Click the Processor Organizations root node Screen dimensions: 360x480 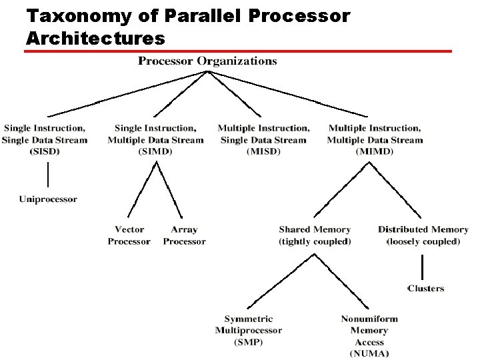(207, 61)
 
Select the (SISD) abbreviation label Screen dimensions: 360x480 (45, 152)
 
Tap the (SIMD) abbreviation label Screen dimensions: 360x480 (155, 152)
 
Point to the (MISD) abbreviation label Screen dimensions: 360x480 (263, 152)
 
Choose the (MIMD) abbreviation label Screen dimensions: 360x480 (375, 152)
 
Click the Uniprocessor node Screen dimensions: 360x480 (48, 199)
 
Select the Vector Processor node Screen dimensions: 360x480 (129, 235)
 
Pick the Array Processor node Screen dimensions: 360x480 (184, 235)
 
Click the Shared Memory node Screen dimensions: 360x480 (315, 229)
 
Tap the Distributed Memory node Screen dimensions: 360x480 (423, 229)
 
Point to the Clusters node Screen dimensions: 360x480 (425, 288)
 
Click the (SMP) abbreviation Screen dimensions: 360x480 (249, 342)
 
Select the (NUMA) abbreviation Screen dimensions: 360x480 (369, 353)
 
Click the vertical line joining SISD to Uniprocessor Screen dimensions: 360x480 (48, 175)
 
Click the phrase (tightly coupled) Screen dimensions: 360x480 (315, 241)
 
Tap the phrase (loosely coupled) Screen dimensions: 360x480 (423, 241)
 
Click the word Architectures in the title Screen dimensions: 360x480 (95, 38)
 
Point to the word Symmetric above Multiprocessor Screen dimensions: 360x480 (249, 319)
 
